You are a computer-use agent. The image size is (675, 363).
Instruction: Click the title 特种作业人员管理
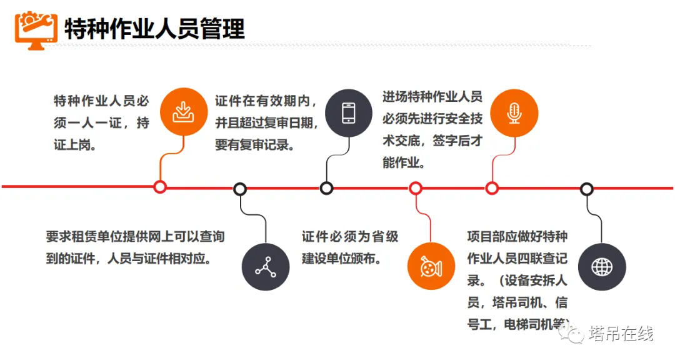click(x=154, y=27)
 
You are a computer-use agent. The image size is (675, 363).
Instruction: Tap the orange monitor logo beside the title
click(x=36, y=27)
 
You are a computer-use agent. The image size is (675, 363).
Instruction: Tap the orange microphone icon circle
click(x=514, y=112)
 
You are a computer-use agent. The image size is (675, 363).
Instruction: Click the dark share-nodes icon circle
click(x=266, y=267)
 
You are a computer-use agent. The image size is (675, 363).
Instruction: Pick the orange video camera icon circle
click(x=431, y=267)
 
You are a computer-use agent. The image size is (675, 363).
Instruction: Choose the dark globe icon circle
click(x=602, y=267)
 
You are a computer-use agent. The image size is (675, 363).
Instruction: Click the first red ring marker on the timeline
click(x=160, y=187)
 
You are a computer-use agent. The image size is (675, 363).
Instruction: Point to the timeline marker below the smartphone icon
click(x=326, y=187)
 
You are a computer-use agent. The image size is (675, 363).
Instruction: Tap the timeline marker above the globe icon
click(x=586, y=187)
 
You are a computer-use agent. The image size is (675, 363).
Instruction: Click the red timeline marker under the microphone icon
click(x=492, y=187)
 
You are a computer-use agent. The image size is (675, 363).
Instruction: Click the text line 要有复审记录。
click(x=256, y=144)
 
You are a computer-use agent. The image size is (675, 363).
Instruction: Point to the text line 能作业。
click(x=404, y=164)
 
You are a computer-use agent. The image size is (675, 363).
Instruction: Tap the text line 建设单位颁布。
click(x=341, y=258)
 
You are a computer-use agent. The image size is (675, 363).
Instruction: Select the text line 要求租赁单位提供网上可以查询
click(x=135, y=237)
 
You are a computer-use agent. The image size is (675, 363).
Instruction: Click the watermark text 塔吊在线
click(x=620, y=334)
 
